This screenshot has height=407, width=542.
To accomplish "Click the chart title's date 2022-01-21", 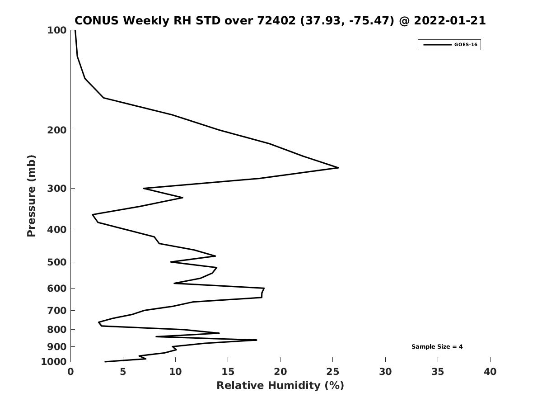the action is [x=450, y=20].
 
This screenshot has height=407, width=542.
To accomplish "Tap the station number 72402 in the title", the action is [x=276, y=20].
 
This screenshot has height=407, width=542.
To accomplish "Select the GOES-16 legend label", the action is [x=466, y=45].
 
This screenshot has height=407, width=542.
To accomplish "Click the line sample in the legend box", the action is [x=437, y=45].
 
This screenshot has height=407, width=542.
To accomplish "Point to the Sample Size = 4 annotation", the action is [x=437, y=347].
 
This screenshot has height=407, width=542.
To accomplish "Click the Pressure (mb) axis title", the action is [x=31, y=196].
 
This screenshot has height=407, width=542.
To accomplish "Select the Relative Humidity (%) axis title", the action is [x=280, y=385].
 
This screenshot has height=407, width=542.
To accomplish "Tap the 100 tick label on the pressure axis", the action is [x=57, y=30].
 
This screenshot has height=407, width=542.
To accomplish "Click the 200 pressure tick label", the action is [x=57, y=130].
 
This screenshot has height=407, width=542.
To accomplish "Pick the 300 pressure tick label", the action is [x=57, y=189].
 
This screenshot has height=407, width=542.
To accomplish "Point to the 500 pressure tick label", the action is [x=57, y=262].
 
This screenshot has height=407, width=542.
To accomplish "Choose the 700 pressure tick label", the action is [x=57, y=310].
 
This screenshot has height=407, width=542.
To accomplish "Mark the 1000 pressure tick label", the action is [x=54, y=362].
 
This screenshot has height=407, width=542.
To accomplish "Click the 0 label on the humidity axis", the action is [x=70, y=372].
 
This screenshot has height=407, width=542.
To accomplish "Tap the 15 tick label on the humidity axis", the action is [x=228, y=372].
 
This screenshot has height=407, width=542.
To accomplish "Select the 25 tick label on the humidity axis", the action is [x=332, y=372].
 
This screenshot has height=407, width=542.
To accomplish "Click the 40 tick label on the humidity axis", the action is [x=490, y=372].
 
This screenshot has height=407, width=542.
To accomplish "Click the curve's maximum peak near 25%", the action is [x=338, y=168].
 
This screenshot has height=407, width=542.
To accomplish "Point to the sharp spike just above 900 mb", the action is [x=256, y=340].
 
